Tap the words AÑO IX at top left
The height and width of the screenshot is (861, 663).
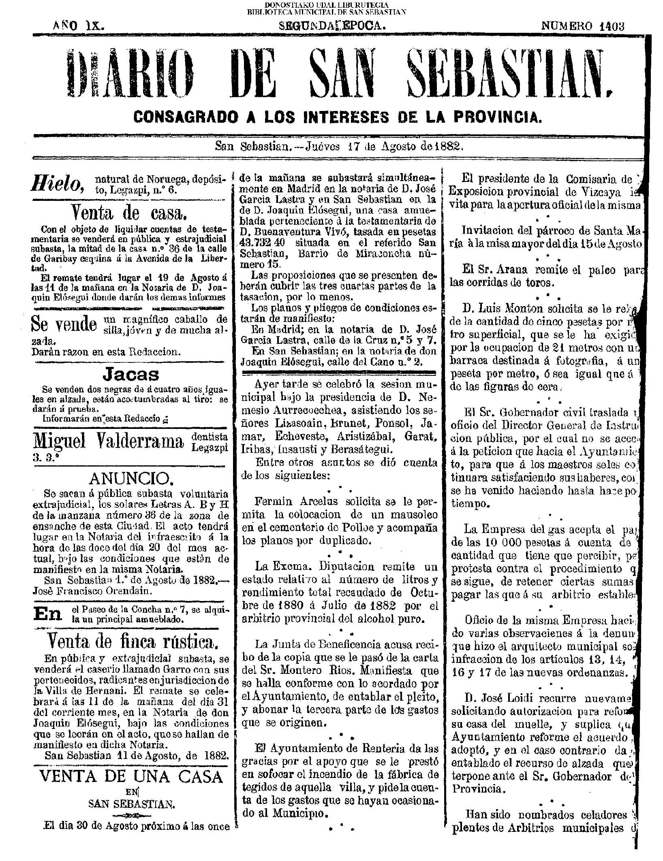point(79,26)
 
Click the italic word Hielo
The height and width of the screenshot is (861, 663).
point(60,184)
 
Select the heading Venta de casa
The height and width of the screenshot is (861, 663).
point(129,211)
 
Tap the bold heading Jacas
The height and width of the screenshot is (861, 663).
point(131,375)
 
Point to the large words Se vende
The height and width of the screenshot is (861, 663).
point(64,324)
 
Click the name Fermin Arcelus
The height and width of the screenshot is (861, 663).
point(291,501)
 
